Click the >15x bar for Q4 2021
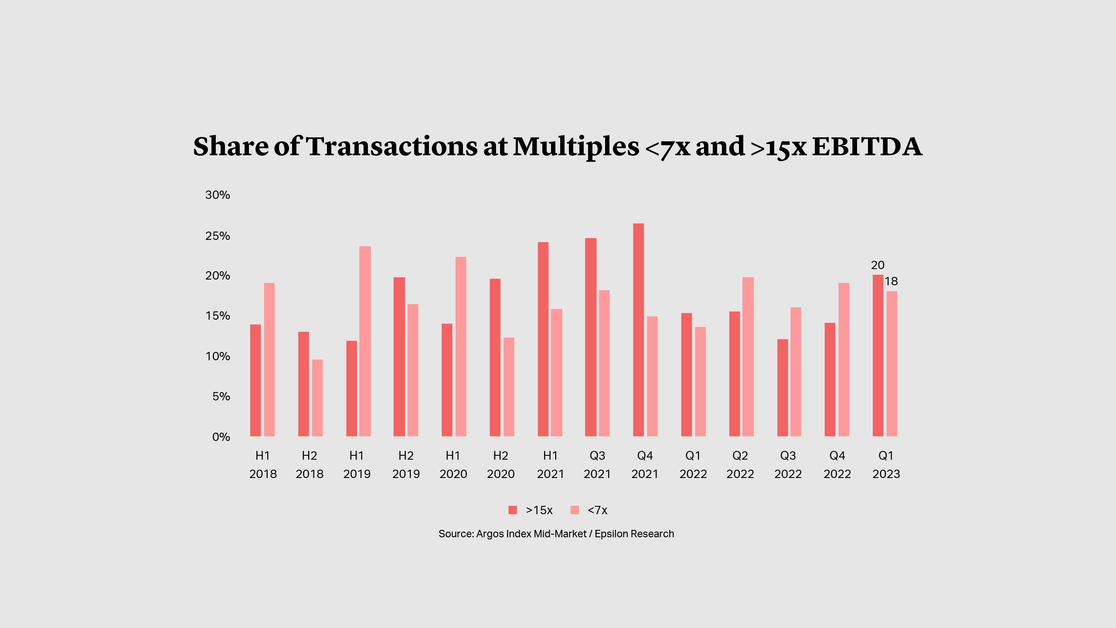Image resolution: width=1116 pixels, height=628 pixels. pyautogui.click(x=638, y=330)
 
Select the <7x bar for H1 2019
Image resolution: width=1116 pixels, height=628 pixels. pyautogui.click(x=365, y=341)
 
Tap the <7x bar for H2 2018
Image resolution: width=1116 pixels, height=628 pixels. pyautogui.click(x=317, y=398)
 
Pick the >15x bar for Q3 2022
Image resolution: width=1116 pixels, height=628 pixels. pyautogui.click(x=783, y=388)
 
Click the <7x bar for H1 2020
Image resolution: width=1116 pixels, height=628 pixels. pyautogui.click(x=461, y=346)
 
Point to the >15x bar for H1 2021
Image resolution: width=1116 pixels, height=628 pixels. pyautogui.click(x=543, y=339)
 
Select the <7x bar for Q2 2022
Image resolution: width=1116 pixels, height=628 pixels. pyautogui.click(x=748, y=357)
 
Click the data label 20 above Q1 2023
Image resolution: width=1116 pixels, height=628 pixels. pyautogui.click(x=878, y=265)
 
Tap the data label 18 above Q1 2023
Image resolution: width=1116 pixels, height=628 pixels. pyautogui.click(x=891, y=281)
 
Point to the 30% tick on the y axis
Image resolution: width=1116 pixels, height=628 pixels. pyautogui.click(x=218, y=195)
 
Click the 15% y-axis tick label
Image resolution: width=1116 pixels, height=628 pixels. pyautogui.click(x=218, y=316)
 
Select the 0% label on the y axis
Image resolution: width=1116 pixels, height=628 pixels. pyautogui.click(x=221, y=437)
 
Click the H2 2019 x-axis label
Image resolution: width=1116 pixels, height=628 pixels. pyautogui.click(x=406, y=464)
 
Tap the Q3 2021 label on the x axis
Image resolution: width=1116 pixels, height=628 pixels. pyautogui.click(x=597, y=464)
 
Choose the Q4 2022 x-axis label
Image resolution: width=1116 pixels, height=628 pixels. pyautogui.click(x=837, y=464)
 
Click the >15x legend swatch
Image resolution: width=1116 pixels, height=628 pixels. pyautogui.click(x=513, y=510)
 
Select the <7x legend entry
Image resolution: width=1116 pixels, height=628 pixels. pyautogui.click(x=589, y=510)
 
